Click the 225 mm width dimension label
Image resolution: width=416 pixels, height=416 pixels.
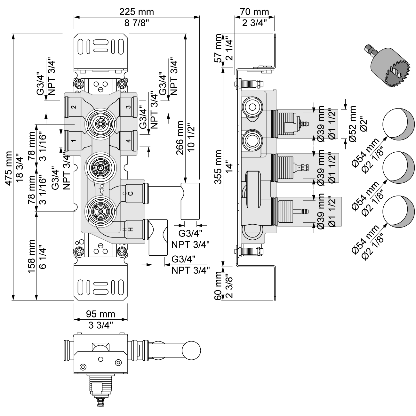click(x=137, y=12)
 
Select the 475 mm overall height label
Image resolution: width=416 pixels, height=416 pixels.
click(x=9, y=166)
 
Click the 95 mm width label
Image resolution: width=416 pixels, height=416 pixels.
click(x=100, y=314)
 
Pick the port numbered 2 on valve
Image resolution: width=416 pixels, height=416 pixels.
click(x=74, y=107)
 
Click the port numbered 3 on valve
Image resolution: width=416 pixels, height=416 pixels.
click(x=128, y=107)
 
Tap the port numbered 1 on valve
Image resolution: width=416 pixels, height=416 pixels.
click(x=74, y=140)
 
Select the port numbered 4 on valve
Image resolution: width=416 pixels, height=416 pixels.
click(x=128, y=140)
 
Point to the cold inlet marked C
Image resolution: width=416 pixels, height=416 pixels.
click(x=130, y=194)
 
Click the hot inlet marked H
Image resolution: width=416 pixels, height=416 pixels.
click(x=130, y=229)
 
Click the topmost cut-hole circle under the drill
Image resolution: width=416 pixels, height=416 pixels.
click(x=397, y=124)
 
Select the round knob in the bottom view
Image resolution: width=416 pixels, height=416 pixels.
click(x=191, y=350)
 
